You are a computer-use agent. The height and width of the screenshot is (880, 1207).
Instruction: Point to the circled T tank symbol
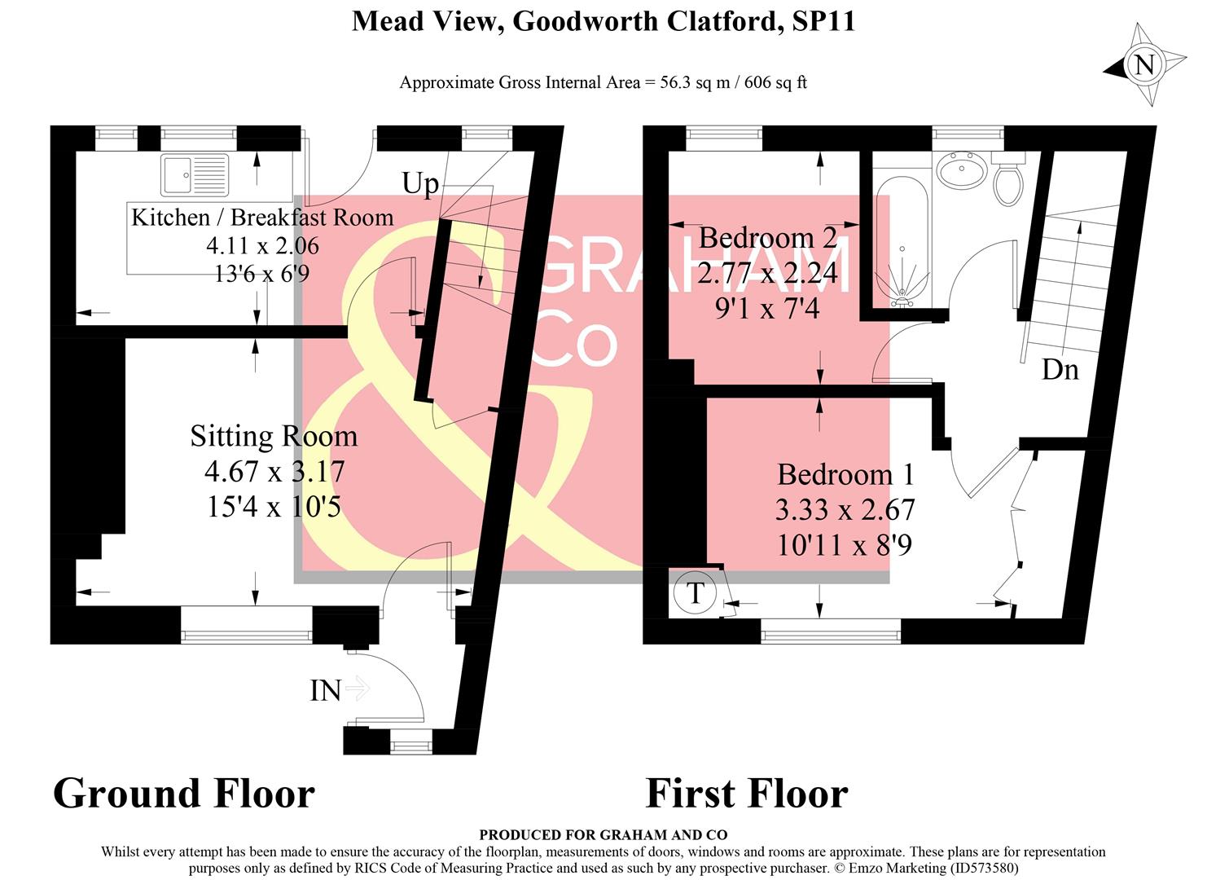coord(695,593)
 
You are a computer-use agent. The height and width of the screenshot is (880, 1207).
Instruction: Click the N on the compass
coord(1145,64)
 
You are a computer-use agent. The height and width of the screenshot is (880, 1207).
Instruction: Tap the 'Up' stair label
coord(420,184)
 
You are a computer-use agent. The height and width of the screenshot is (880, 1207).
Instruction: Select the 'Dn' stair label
coord(1060,370)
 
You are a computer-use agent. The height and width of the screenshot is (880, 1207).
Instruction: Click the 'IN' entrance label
coord(325,691)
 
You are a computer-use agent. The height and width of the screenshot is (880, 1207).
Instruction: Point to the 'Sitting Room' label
coord(274,436)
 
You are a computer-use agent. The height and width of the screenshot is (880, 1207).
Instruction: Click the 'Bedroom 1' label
coord(845,474)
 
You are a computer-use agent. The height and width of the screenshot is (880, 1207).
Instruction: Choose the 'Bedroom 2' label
coord(767,238)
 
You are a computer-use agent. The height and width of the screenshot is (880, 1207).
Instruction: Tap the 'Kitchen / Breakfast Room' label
coord(262,218)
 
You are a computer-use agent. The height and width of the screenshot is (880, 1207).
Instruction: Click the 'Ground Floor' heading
coord(184,794)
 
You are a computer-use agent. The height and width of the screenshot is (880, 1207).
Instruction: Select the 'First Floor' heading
coord(747,794)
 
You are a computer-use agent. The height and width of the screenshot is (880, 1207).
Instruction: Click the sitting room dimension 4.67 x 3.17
coord(274,471)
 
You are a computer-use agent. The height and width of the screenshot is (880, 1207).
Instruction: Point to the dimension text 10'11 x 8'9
coord(845,544)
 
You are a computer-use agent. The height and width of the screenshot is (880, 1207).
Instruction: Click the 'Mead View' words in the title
coord(422,21)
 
